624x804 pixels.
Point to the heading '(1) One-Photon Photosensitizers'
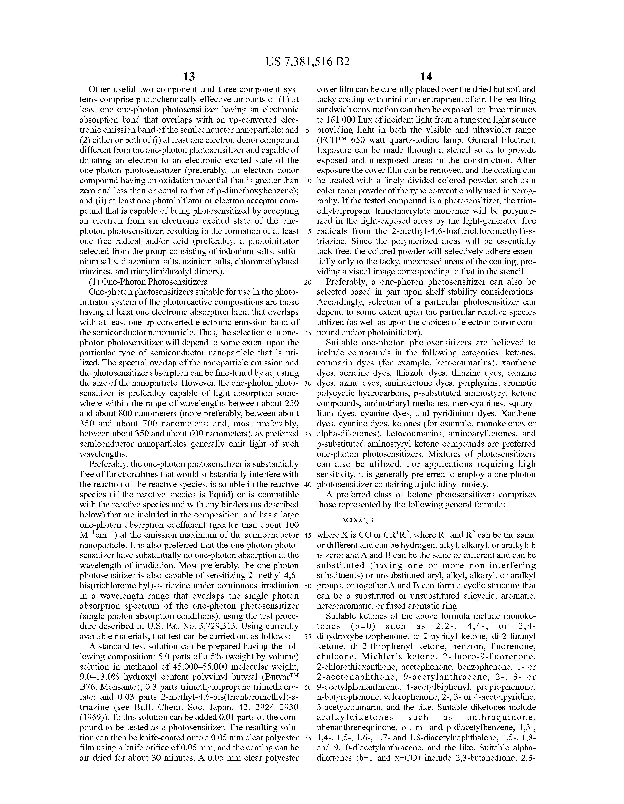[x=148, y=282]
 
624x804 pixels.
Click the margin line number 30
[x=308, y=383]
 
